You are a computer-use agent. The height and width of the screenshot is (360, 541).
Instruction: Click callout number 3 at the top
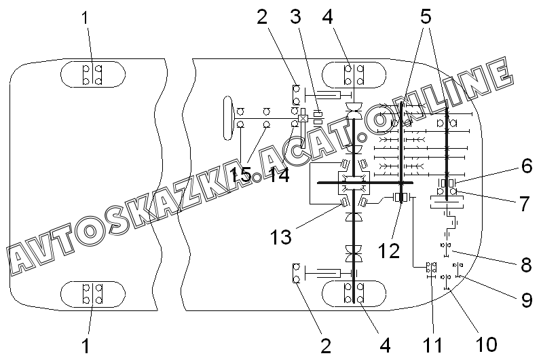295,16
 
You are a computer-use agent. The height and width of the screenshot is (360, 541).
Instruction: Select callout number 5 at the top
426,16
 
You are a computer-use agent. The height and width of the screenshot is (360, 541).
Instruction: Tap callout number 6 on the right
527,166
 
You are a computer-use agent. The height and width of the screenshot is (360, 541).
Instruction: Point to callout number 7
525,204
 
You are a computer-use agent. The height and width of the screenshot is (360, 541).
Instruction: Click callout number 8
526,265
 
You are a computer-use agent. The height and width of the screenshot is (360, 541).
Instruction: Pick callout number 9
527,300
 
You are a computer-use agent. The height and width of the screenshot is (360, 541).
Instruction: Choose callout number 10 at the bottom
487,344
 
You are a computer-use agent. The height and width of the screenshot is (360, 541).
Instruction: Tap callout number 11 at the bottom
432,345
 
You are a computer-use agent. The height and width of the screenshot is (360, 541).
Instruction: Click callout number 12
389,251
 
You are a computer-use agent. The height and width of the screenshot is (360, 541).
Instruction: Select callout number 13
281,237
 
